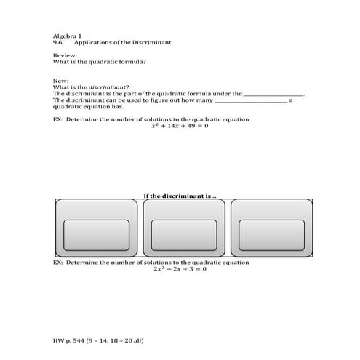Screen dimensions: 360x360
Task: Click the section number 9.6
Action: [x=58, y=42]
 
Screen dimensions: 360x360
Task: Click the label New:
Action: [x=61, y=81]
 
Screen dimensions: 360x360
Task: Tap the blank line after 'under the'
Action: [x=274, y=95]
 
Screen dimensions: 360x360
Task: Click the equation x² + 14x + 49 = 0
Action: [x=180, y=126]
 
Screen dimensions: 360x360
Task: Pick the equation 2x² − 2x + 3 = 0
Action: [x=180, y=269]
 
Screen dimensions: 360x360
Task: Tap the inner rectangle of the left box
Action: [x=97, y=233]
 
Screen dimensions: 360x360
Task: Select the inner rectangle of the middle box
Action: [x=184, y=233]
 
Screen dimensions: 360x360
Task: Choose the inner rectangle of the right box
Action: [x=271, y=233]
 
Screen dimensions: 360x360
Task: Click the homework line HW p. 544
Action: [x=98, y=340]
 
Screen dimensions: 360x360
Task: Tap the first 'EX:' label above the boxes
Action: [x=59, y=119]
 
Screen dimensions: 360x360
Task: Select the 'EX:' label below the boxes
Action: [x=59, y=262]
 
